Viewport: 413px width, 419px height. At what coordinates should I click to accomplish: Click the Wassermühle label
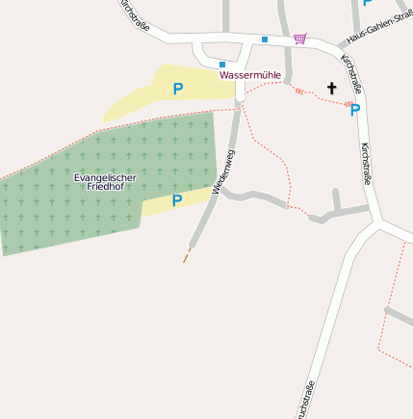click(x=250, y=75)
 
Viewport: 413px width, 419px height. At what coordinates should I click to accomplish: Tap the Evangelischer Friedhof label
click(x=105, y=182)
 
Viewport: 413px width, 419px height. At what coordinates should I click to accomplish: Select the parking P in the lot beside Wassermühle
click(x=177, y=90)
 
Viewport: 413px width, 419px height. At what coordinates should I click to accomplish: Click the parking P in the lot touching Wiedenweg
click(x=176, y=200)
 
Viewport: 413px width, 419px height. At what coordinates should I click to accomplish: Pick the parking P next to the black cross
click(x=355, y=110)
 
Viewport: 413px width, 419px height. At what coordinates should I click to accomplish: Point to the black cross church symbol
click(x=332, y=88)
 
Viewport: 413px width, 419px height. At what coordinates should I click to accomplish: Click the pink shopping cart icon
click(x=300, y=39)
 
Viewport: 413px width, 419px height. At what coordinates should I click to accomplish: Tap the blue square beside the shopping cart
click(x=265, y=39)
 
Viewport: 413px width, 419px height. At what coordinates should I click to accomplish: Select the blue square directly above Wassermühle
click(x=222, y=64)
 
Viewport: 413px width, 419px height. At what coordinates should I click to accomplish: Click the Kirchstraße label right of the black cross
click(x=365, y=165)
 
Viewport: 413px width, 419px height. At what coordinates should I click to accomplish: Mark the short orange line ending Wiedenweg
click(x=187, y=255)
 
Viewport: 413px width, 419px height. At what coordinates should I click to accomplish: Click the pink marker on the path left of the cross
click(x=298, y=92)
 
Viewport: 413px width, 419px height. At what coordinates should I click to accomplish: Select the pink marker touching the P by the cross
click(x=348, y=104)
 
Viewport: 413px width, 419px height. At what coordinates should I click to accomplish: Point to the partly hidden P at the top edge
click(x=367, y=3)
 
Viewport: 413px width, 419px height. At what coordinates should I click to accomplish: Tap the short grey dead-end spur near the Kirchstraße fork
click(x=336, y=199)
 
